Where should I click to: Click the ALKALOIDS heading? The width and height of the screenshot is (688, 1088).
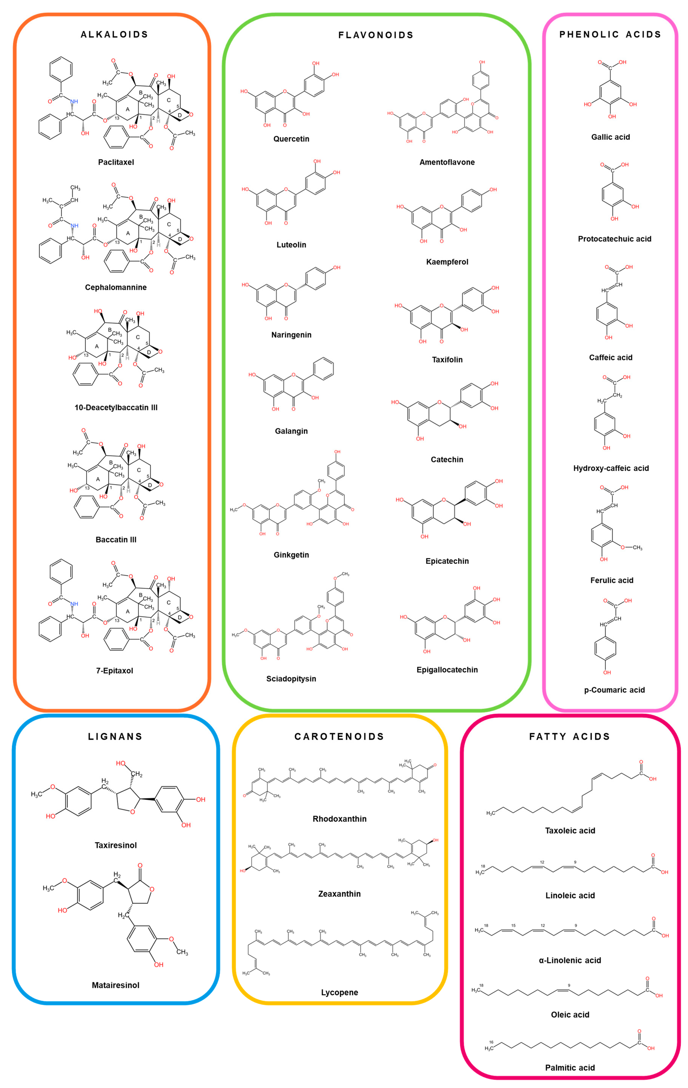click(x=114, y=34)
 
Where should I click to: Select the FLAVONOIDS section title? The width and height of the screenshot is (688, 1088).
click(x=376, y=35)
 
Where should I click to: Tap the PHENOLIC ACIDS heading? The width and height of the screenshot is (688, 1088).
click(x=610, y=34)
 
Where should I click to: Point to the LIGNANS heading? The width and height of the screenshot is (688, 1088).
click(x=115, y=737)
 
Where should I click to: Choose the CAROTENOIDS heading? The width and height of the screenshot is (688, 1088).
click(x=339, y=737)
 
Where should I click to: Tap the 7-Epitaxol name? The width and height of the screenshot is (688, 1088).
click(x=115, y=671)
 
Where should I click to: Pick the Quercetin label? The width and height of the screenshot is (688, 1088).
click(x=291, y=139)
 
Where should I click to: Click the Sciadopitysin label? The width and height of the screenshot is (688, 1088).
click(x=291, y=679)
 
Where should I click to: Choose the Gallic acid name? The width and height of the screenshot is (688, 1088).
click(x=610, y=137)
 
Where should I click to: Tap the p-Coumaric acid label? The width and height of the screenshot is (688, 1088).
click(x=614, y=690)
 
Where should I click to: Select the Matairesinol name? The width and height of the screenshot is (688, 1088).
click(x=116, y=985)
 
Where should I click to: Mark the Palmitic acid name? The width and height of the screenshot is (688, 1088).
click(x=570, y=1068)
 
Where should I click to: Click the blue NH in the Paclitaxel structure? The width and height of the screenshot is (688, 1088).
click(x=74, y=101)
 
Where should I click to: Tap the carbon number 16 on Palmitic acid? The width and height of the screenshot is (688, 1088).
click(x=491, y=1042)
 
